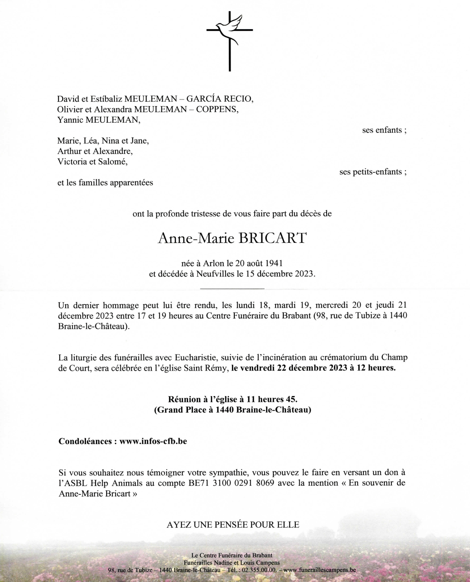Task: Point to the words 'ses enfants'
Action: (384, 130)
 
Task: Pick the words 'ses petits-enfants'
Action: (373, 172)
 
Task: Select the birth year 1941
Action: (274, 263)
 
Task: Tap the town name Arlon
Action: (213, 263)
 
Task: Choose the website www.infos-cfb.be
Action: (153, 441)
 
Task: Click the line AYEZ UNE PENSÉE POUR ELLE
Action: (233, 525)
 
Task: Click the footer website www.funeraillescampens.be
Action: (319, 570)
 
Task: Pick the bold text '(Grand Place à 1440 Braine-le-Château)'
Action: (233, 410)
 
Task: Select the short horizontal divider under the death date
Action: (232, 289)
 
